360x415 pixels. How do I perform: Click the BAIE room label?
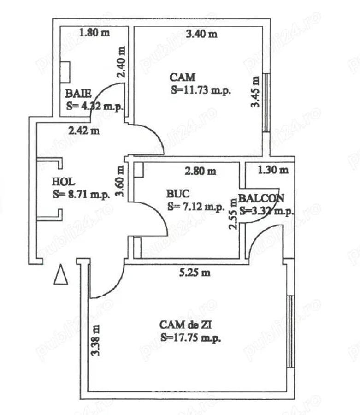(75, 92)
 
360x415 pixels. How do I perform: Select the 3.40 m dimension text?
(201, 34)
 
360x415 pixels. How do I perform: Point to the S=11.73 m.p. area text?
(201, 90)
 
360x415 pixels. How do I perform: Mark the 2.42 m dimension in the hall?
(83, 130)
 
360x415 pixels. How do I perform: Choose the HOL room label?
(63, 181)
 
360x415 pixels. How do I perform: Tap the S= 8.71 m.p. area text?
(82, 194)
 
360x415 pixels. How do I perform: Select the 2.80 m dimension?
(200, 172)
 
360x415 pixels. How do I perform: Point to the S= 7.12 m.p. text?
(196, 206)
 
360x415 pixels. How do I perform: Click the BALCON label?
(261, 198)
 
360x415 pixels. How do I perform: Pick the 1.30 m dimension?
(273, 170)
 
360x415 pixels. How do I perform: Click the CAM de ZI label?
(186, 326)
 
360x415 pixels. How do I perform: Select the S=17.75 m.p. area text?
(191, 338)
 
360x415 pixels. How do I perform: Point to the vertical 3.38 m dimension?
(95, 340)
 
